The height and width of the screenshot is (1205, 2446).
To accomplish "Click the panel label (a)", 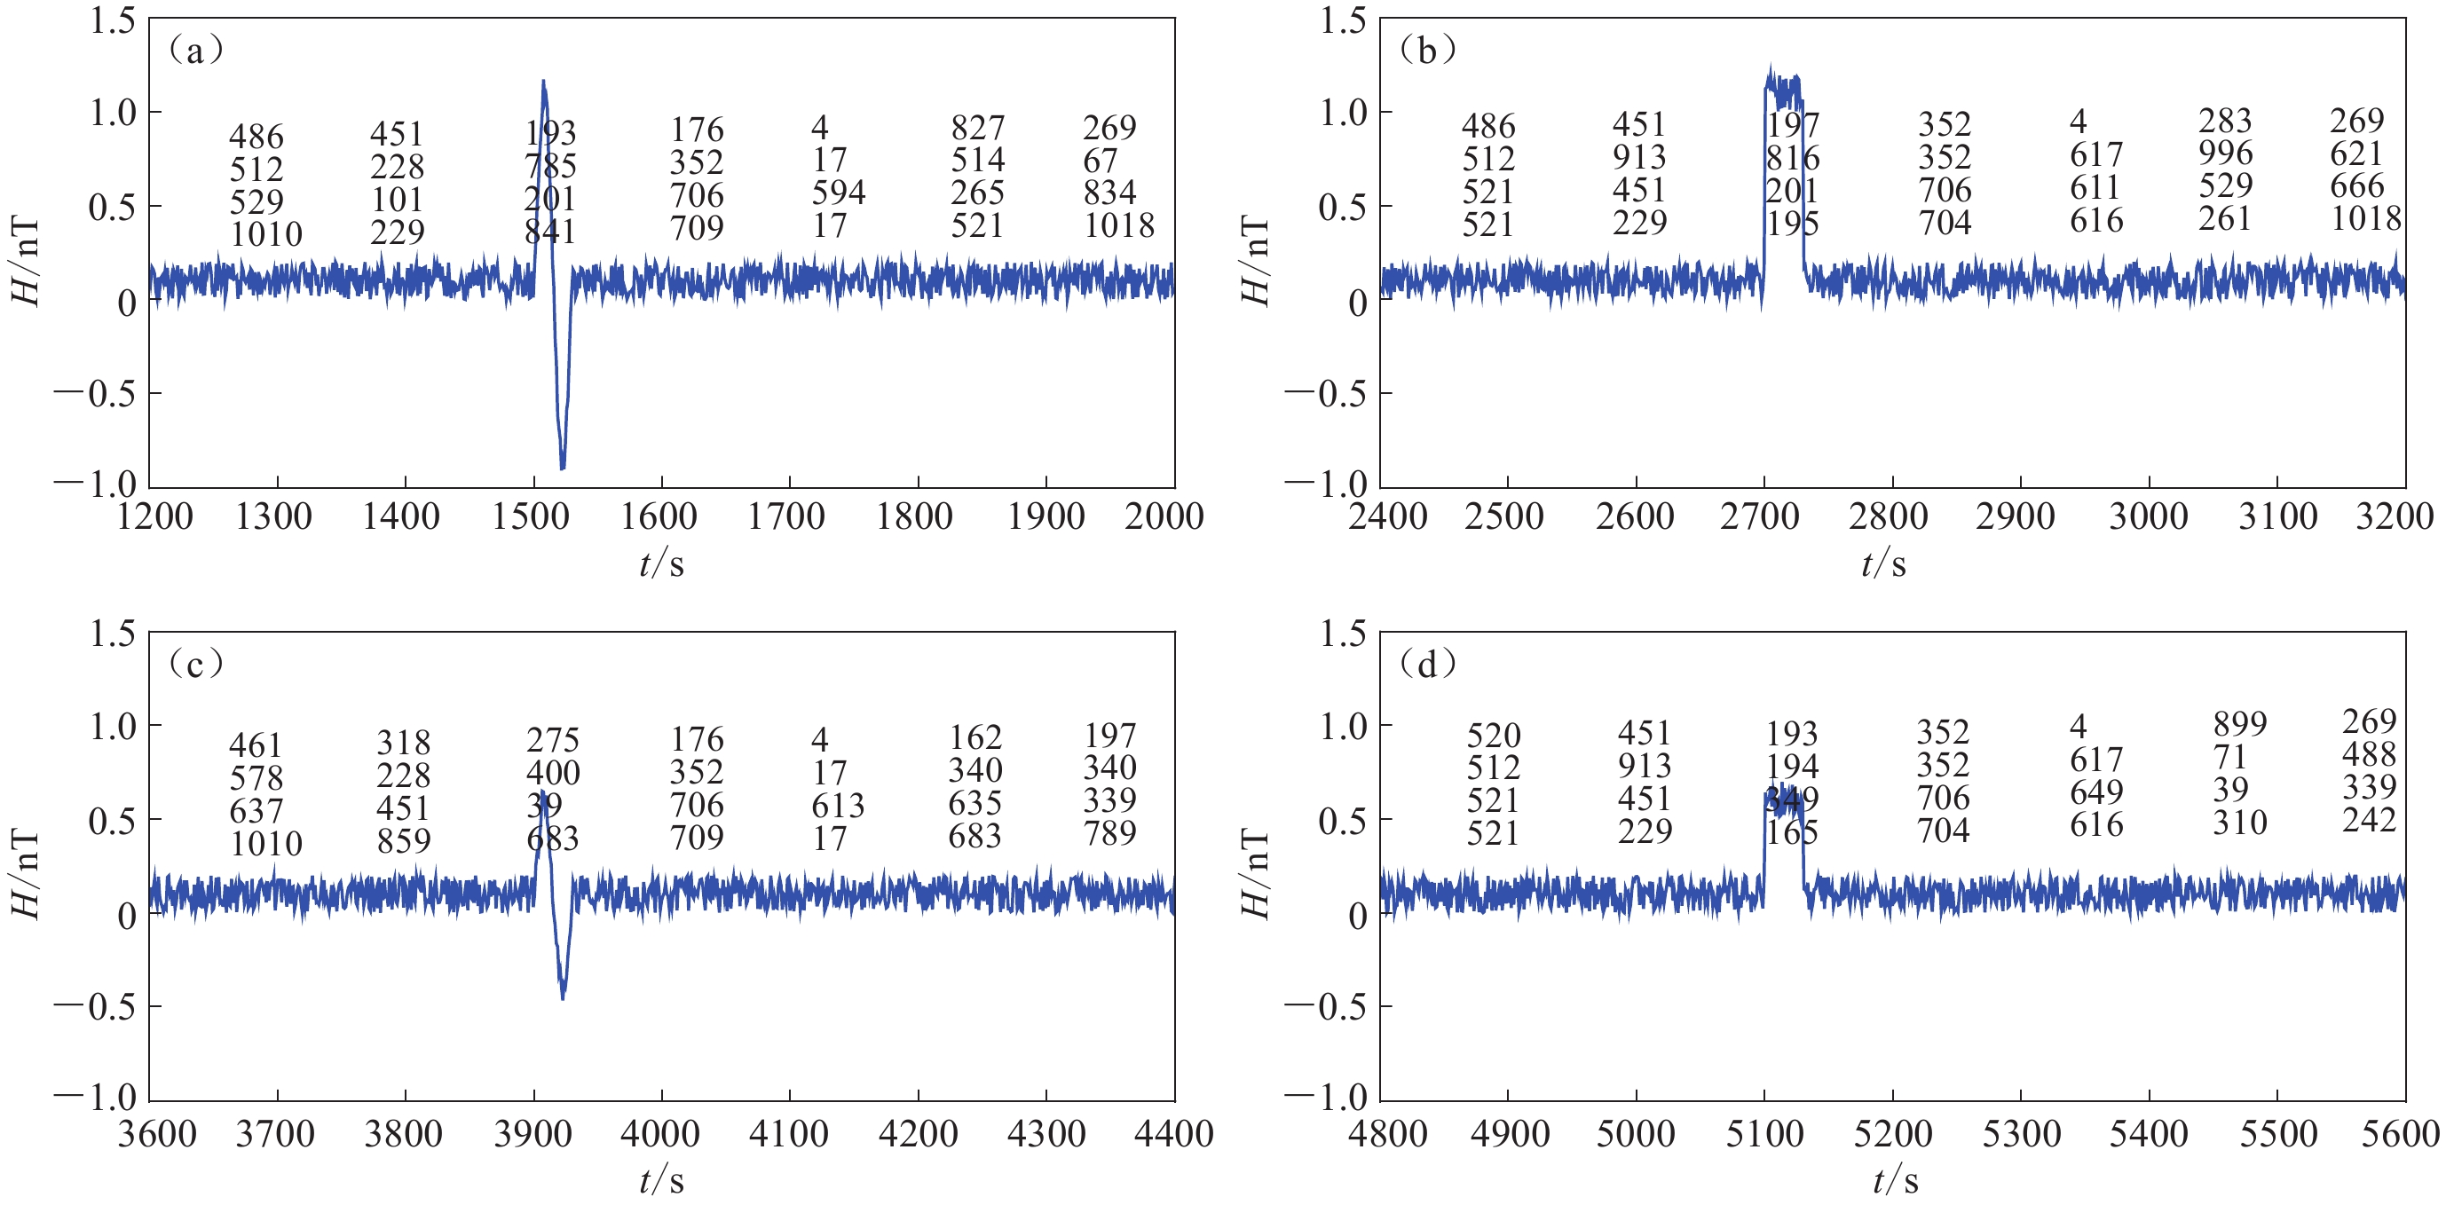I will coord(194,50).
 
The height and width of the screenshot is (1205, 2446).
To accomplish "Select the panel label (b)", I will coord(1426,50).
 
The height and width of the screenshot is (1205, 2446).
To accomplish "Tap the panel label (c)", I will coord(194,664).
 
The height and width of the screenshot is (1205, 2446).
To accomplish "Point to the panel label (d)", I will coord(1426,664).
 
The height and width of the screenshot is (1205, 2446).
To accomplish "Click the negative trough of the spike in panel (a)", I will coord(562,468).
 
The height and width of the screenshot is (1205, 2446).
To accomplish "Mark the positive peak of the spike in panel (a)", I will coord(543,82).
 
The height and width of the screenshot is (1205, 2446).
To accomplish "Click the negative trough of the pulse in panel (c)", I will coord(562,997).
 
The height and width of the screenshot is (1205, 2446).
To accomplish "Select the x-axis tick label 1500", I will coord(532,516).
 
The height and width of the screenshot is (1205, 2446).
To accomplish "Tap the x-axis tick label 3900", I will coord(532,1133).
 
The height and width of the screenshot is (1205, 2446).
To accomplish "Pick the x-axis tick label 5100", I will coord(1764,1133).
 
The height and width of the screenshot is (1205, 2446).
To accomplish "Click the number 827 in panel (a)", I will coord(977,127).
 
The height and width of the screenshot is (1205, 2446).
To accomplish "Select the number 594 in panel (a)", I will coord(838,193).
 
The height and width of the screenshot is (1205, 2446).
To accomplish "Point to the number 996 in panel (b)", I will coord(2225,153).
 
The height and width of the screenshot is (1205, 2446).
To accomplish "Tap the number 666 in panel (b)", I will coord(2355,185).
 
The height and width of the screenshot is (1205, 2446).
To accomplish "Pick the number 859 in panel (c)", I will coord(404,840).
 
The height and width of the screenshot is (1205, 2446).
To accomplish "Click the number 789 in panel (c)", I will coord(1109,833).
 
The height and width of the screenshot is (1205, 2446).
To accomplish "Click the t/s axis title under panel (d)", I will coord(1895,1180).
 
